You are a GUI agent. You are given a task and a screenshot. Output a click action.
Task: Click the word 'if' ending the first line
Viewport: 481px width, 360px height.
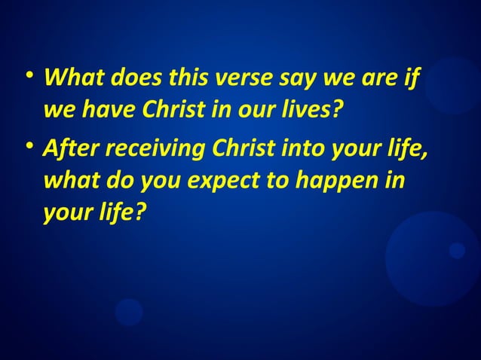[x=411, y=78]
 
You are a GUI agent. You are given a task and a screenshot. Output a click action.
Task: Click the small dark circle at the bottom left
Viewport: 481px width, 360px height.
[x=129, y=312]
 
